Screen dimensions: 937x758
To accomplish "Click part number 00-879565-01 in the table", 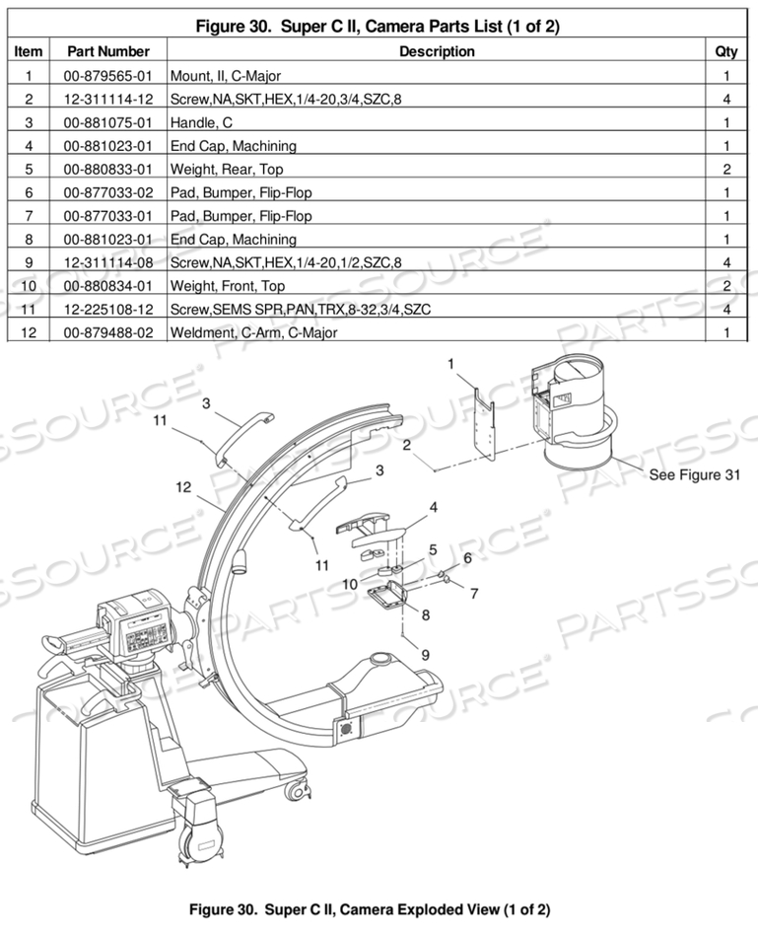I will pos(107,75).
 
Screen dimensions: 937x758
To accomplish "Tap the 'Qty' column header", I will pos(726,51).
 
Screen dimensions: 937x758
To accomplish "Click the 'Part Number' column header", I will pos(107,51).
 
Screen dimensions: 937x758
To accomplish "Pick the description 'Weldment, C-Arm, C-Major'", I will pos(253,333).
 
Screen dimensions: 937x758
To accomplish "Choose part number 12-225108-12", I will pos(107,310).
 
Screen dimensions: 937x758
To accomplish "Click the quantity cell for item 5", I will pos(726,169).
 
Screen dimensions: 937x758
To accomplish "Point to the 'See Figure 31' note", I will pos(694,474).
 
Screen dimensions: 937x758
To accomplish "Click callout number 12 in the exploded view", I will pos(183,486).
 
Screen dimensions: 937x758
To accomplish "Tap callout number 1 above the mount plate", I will pos(450,364).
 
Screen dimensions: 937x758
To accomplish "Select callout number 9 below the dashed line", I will pos(426,653).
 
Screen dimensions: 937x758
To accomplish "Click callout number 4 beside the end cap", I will pos(434,509).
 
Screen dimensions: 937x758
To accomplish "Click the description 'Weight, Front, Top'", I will pos(228,286).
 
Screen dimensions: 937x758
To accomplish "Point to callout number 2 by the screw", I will pos(406,445).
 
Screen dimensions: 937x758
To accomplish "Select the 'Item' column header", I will pos(30,51).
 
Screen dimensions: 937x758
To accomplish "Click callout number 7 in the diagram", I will pos(474,594).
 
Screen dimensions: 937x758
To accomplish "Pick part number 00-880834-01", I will pos(107,286).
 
